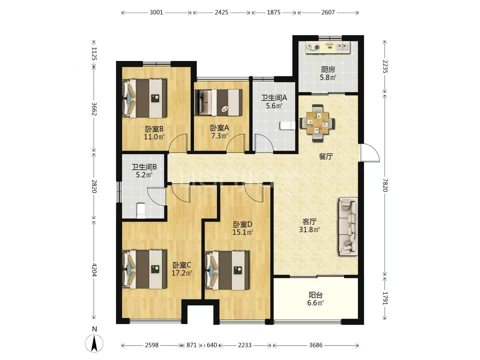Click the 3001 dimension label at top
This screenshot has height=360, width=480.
tap(156, 12)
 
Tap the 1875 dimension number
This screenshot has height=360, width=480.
tap(274, 12)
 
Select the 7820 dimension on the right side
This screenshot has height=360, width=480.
tap(385, 185)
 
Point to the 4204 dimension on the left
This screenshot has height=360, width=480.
tap(94, 270)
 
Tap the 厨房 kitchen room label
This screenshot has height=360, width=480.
tap(328, 70)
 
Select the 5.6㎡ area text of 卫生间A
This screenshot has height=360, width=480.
tap(274, 106)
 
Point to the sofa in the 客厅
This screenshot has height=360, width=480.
tap(348, 226)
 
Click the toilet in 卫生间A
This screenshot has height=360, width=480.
tap(287, 126)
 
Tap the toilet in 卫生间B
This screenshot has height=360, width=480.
tap(141, 211)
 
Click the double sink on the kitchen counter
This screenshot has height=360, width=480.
tap(343, 47)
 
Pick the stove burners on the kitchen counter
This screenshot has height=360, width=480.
tap(313, 47)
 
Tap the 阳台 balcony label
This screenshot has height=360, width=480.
tap(316, 295)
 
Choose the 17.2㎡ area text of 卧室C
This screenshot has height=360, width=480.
tap(182, 273)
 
